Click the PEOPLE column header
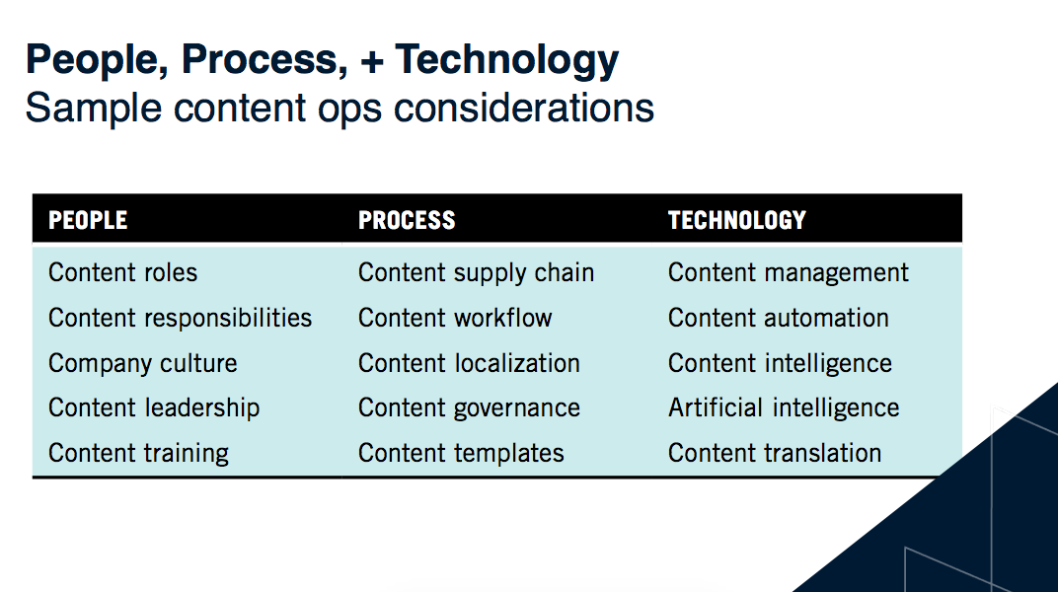click(x=88, y=219)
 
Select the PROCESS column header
click(x=407, y=219)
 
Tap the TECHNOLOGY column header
click(x=736, y=219)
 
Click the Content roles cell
click(x=122, y=272)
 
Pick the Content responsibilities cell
click(x=180, y=318)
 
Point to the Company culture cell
click(x=142, y=363)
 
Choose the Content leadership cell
click(x=154, y=407)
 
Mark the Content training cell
click(x=138, y=453)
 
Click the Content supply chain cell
click(x=476, y=272)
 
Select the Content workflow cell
click(x=455, y=318)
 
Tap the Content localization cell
click(x=469, y=363)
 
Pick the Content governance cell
click(x=469, y=407)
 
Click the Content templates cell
click(x=461, y=453)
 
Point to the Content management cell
click(x=789, y=272)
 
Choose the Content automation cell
click(x=778, y=318)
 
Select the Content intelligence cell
click(x=780, y=363)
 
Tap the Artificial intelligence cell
click(x=784, y=407)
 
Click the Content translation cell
click(x=775, y=453)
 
